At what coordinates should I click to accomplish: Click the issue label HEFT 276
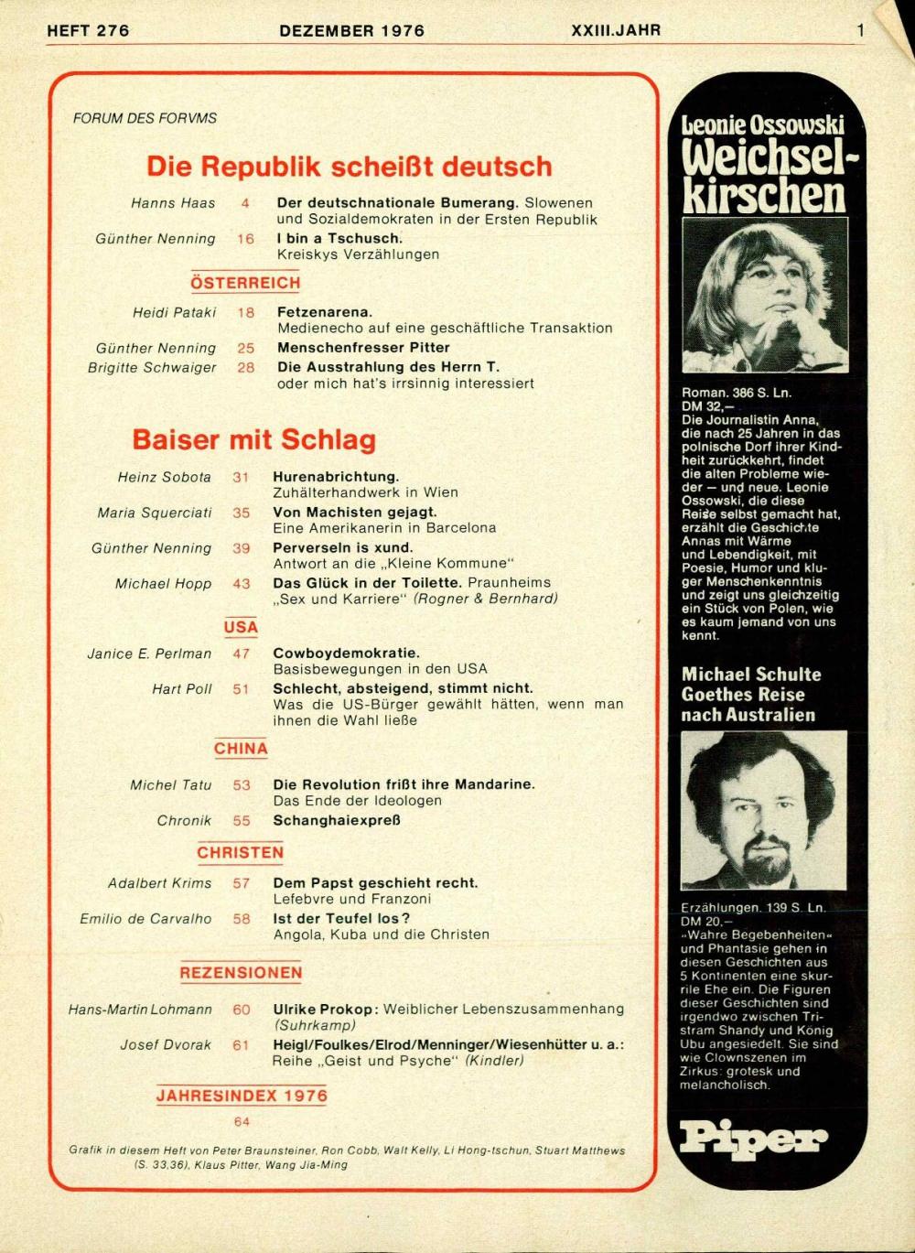click(88, 30)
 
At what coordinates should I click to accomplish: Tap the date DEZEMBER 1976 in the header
click(351, 30)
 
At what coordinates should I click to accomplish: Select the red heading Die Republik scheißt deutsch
click(349, 167)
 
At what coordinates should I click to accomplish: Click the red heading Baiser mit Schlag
click(253, 439)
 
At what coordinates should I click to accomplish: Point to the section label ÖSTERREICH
click(245, 283)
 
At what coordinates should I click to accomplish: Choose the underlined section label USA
click(241, 627)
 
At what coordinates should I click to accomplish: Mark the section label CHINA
click(241, 749)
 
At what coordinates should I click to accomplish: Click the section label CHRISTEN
click(240, 852)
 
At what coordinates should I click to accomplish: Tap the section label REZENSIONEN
click(241, 973)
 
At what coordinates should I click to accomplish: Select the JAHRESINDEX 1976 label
click(241, 1096)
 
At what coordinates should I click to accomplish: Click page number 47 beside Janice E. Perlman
click(241, 654)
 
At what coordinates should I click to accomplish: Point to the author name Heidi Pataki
click(174, 312)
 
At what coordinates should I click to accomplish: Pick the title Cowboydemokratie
click(346, 654)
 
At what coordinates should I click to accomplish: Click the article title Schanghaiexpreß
click(336, 820)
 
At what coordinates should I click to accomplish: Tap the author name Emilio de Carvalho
click(145, 918)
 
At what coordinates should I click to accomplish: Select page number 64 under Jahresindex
click(241, 1121)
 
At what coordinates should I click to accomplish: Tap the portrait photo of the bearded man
click(763, 809)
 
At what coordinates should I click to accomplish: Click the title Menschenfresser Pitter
click(363, 348)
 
